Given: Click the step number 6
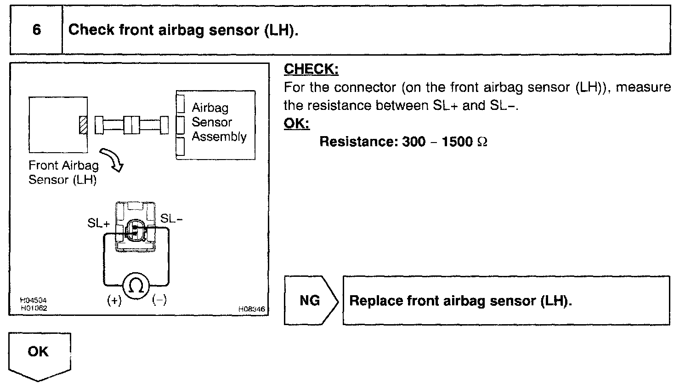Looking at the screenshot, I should click(36, 30).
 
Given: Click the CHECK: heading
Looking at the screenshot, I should click(311, 69).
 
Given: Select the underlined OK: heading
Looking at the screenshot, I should click(296, 123).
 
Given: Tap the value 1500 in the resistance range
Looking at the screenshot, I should click(457, 142).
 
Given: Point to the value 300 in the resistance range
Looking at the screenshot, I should click(413, 142).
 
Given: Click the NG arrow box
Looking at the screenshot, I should click(311, 301).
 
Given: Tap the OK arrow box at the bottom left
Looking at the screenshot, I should click(39, 354).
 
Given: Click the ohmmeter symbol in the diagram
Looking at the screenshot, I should click(136, 286).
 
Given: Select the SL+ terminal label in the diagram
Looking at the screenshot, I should click(99, 223).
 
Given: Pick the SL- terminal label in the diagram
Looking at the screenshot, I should click(171, 219).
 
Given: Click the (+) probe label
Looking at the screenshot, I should click(114, 301).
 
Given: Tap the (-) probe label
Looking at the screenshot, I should click(159, 300).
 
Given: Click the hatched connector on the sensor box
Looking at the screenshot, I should click(83, 125).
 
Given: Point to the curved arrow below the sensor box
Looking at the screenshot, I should click(113, 159).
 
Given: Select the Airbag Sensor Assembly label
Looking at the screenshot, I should click(218, 122).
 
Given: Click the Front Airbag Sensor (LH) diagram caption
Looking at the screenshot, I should click(63, 172).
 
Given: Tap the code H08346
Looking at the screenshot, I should click(251, 309).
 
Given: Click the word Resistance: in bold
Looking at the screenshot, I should click(358, 142).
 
